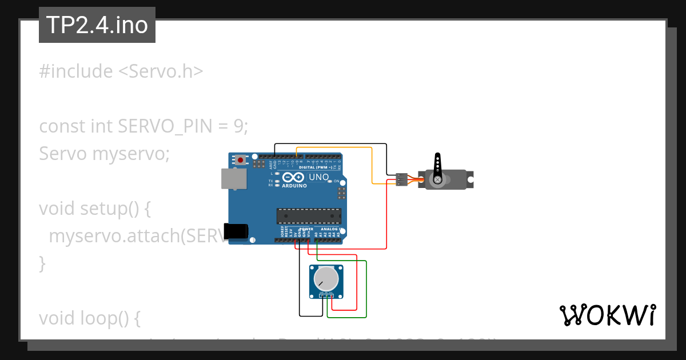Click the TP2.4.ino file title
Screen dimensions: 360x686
coord(97,25)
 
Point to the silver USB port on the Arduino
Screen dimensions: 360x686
coord(234,179)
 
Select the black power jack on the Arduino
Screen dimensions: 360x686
coord(236,231)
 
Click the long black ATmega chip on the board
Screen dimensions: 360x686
coord(309,215)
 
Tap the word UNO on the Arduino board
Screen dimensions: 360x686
coord(319,177)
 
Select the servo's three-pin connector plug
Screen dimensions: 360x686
coord(402,179)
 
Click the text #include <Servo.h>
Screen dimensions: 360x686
coord(121,71)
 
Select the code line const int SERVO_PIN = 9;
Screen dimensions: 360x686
coord(143,126)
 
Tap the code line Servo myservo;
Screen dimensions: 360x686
coord(104,154)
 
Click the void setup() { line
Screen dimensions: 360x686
coord(94,209)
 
